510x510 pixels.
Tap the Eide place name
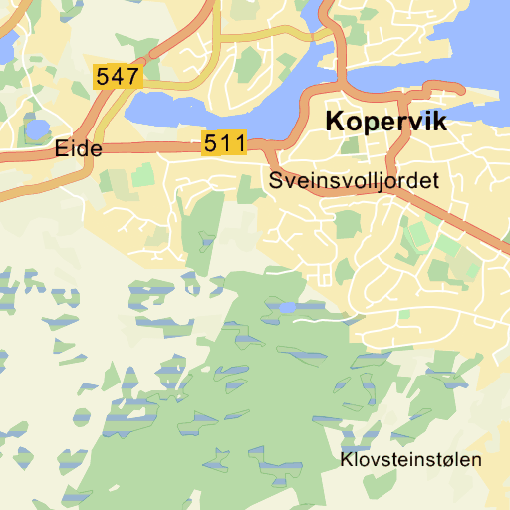pyautogui.click(x=80, y=149)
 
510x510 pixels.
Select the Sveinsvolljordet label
pyautogui.click(x=354, y=182)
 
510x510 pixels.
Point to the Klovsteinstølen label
pyautogui.click(x=410, y=460)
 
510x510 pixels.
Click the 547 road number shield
pyautogui.click(x=118, y=75)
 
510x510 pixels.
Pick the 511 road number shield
pyautogui.click(x=224, y=143)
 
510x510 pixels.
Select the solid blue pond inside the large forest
pyautogui.click(x=288, y=307)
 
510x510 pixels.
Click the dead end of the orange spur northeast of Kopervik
pyautogui.click(x=464, y=87)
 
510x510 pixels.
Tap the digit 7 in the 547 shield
pyautogui.click(x=132, y=75)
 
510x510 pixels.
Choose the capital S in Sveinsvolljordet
pyautogui.click(x=276, y=182)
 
